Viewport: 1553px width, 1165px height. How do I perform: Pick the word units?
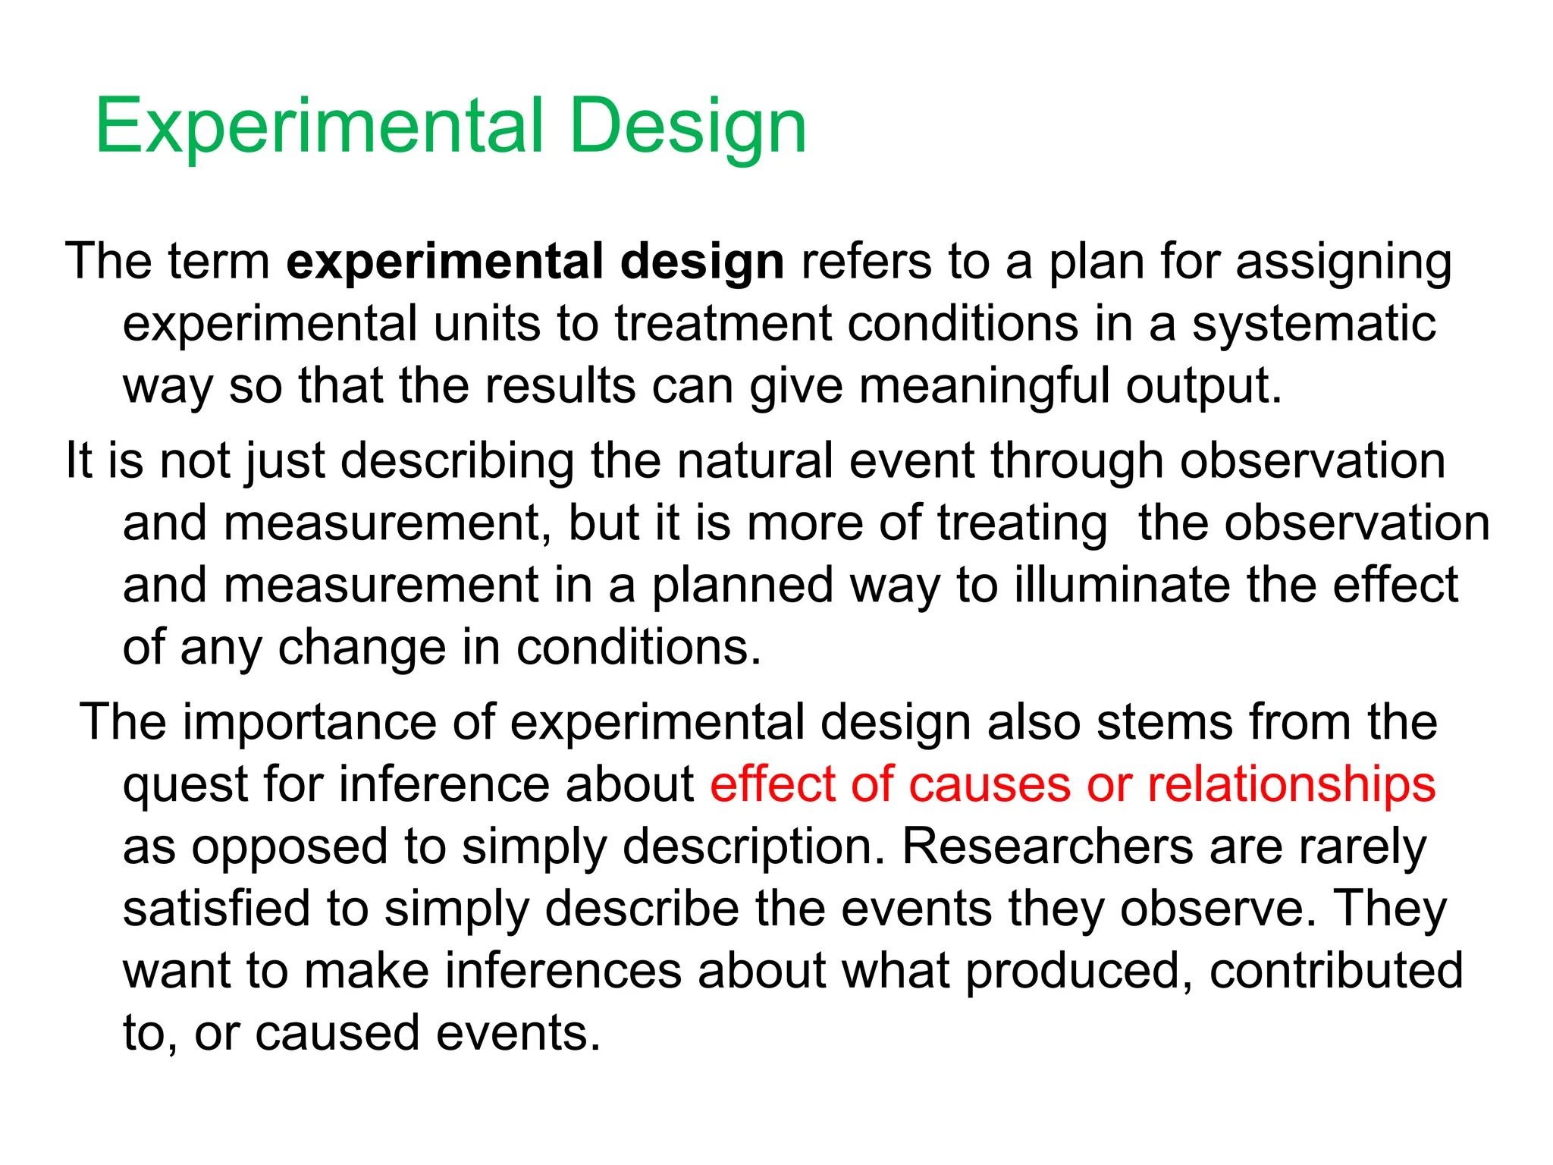coord(486,324)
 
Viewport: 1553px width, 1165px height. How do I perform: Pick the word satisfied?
coord(217,909)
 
